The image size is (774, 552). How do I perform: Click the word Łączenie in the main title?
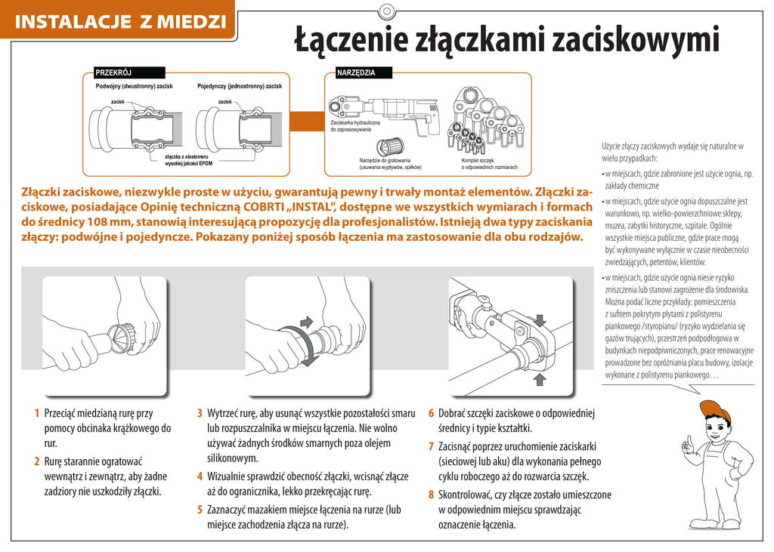(x=351, y=39)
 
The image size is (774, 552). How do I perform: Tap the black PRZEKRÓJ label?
(x=129, y=72)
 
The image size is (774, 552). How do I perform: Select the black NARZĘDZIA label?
(x=364, y=72)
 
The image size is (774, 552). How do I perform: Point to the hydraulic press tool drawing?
(x=383, y=114)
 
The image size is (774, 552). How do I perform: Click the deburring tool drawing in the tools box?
(x=390, y=146)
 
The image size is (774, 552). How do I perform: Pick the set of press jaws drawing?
(x=488, y=121)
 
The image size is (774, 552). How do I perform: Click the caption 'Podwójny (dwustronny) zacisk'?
(x=135, y=86)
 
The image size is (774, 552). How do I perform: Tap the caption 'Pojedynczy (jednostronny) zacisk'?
(x=240, y=86)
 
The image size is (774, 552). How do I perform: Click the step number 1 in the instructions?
(x=36, y=413)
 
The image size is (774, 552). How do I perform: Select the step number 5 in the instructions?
(x=200, y=510)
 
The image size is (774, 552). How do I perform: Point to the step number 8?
(x=431, y=495)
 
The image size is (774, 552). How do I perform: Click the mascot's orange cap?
(x=714, y=411)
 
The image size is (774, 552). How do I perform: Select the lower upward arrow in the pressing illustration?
(x=540, y=379)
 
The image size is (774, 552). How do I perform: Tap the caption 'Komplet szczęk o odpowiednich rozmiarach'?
(x=489, y=164)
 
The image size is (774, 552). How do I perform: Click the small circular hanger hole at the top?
(x=387, y=11)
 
